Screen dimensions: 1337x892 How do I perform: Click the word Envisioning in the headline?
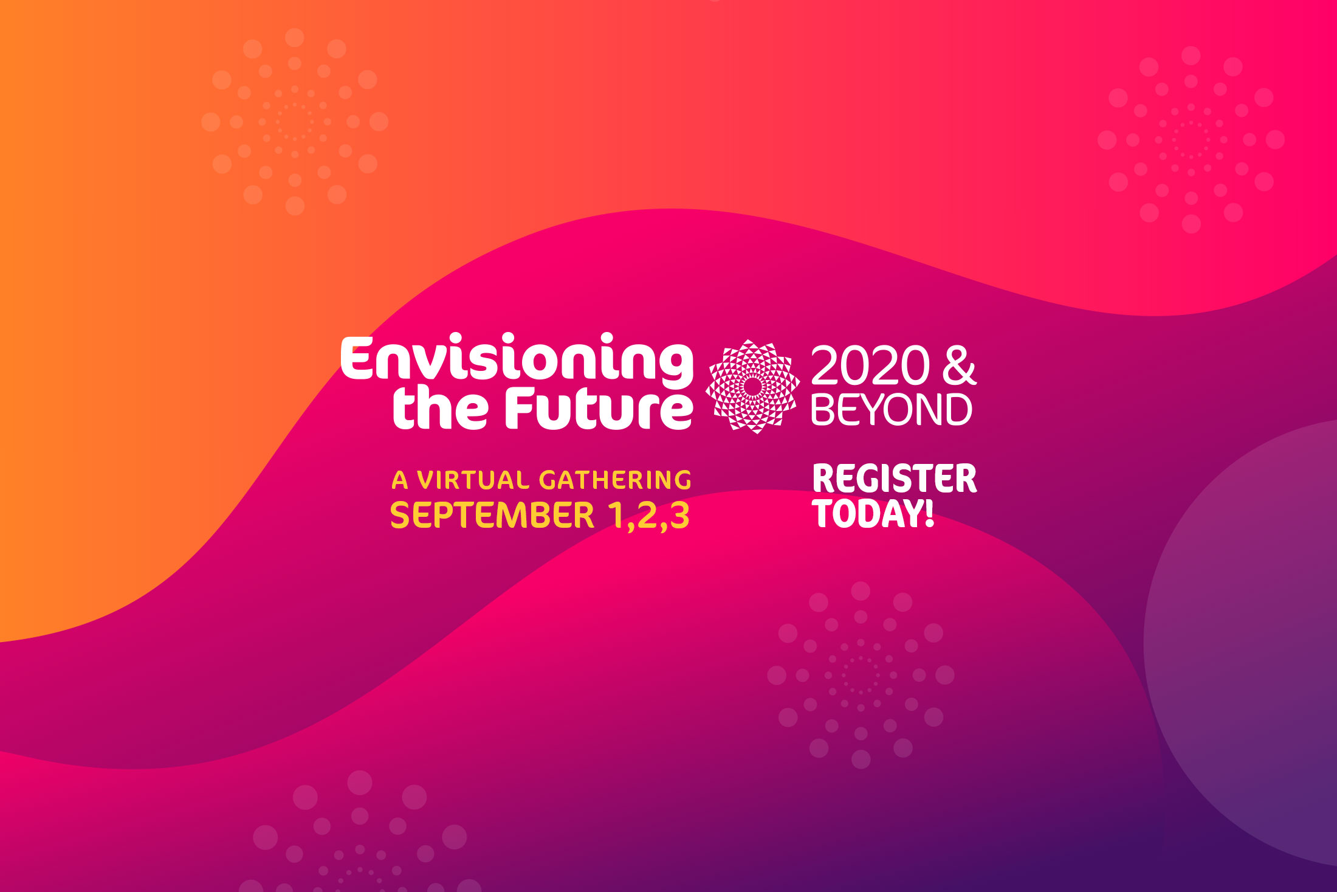pyautogui.click(x=517, y=360)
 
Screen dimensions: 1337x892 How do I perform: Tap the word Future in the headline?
pyautogui.click(x=599, y=407)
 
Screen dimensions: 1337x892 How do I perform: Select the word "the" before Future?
pyautogui.click(x=440, y=407)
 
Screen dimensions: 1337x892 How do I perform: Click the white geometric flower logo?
pyautogui.click(x=752, y=387)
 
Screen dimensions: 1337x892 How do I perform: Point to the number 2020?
pyautogui.click(x=870, y=365)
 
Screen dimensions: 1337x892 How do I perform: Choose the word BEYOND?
pyautogui.click(x=892, y=410)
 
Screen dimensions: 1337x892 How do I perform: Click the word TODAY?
pyautogui.click(x=873, y=513)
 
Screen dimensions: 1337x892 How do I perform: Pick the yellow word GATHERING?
pyautogui.click(x=615, y=480)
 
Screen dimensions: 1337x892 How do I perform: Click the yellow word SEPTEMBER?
pyautogui.click(x=492, y=516)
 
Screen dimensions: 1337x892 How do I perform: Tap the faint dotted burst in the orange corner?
pyautogui.click(x=295, y=122)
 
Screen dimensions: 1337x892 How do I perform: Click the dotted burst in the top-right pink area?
pyautogui.click(x=1191, y=140)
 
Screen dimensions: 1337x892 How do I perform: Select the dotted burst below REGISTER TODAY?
pyautogui.click(x=861, y=675)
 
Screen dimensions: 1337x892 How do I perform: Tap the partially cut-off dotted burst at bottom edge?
pyautogui.click(x=360, y=839)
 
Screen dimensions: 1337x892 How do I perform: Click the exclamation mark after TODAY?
pyautogui.click(x=929, y=513)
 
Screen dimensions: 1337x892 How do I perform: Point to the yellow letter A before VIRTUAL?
pyautogui.click(x=400, y=480)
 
